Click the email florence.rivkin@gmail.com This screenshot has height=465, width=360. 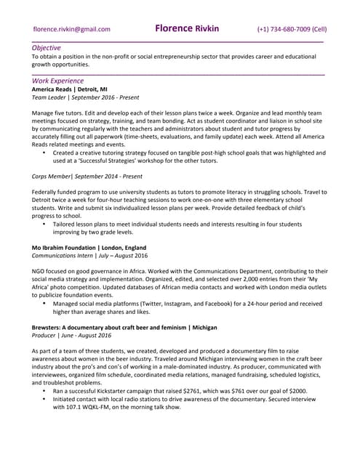click(x=72, y=30)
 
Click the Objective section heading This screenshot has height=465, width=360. click(x=47, y=47)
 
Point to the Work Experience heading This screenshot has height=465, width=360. click(x=57, y=81)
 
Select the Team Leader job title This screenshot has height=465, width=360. click(x=49, y=97)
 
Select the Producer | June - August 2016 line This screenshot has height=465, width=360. click(x=71, y=336)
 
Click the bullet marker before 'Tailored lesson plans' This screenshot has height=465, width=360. click(x=44, y=225)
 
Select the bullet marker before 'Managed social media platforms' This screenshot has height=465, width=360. click(x=44, y=304)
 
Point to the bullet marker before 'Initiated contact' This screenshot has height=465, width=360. click(x=44, y=399)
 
